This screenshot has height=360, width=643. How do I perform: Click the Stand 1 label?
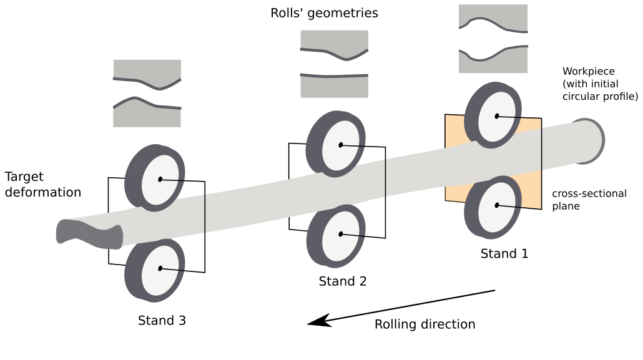[x=504, y=254]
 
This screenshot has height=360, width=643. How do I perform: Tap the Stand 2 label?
[x=342, y=281]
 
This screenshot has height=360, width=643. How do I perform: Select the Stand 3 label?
[x=162, y=321]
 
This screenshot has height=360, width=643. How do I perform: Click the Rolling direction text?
[x=425, y=324]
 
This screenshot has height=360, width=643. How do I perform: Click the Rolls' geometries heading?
[x=324, y=12]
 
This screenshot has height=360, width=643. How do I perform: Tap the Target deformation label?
[x=42, y=185]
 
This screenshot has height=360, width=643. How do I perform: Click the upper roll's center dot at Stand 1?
[x=497, y=116]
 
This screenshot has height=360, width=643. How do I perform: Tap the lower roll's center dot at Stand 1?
[x=497, y=205]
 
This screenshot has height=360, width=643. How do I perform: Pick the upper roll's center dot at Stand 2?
[x=341, y=145]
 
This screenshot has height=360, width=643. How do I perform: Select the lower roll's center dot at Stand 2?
[x=341, y=234]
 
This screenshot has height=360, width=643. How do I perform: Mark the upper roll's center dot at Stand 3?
[x=160, y=179]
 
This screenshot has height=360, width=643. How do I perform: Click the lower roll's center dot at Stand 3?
[x=160, y=268]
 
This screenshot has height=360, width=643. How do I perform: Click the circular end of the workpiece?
[x=590, y=142]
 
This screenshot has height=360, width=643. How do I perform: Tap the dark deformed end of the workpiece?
[x=87, y=234]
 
